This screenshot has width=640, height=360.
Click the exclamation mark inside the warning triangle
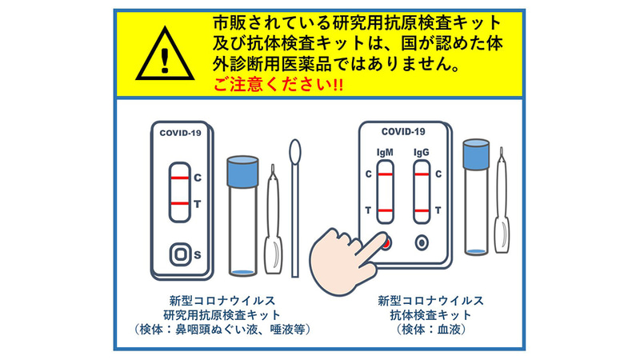[x=165, y=60]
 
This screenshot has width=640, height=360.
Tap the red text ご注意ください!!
[x=278, y=85]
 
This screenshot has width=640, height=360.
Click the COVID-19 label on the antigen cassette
[x=180, y=133]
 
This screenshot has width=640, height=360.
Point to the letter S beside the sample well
[x=198, y=255]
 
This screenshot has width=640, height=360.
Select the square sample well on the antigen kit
[x=180, y=254]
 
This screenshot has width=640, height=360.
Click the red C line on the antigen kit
[x=179, y=178]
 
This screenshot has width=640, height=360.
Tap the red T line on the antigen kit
[x=179, y=203]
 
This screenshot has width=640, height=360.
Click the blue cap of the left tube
[x=242, y=171]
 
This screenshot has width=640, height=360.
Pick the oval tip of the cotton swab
[x=294, y=152]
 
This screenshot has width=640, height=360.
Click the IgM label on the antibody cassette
[x=385, y=153]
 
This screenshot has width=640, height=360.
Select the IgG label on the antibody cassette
[x=422, y=153]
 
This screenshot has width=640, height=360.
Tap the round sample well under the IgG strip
[x=422, y=243]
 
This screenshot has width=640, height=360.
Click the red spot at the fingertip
[x=386, y=244]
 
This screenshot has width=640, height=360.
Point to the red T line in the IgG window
[x=422, y=210]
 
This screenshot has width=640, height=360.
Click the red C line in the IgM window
[x=385, y=174]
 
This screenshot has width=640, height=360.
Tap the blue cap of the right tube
[x=476, y=154]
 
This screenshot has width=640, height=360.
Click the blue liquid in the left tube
[x=242, y=272]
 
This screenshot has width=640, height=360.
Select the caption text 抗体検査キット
[x=430, y=315]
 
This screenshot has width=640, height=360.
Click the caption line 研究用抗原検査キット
[x=222, y=315]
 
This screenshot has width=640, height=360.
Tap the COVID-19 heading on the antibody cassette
[x=403, y=132]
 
